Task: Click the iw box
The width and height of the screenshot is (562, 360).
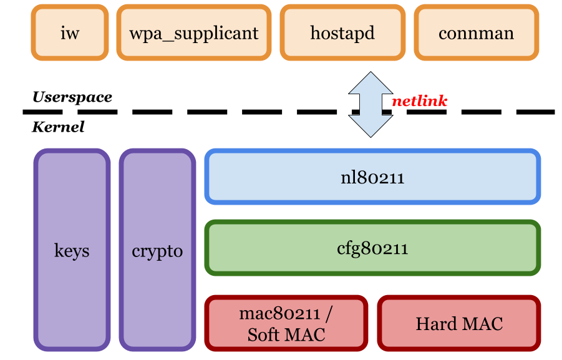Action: click(70, 32)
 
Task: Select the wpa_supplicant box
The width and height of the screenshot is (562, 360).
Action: click(193, 32)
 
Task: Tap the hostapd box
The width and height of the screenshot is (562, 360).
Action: click(342, 32)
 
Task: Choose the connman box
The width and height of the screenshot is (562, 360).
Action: click(476, 32)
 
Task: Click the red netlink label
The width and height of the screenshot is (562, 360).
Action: click(419, 101)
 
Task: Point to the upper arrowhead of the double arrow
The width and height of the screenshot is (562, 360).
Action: click(371, 83)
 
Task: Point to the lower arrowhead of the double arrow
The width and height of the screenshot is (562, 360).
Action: click(371, 126)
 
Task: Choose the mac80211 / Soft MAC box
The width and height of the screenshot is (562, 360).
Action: click(286, 323)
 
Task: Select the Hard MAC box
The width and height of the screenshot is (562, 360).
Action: click(459, 323)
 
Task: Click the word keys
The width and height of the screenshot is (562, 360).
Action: click(72, 251)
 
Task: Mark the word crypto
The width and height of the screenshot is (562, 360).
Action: click(157, 251)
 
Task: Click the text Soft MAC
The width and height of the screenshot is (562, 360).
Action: click(286, 334)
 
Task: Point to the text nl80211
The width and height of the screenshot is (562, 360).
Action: click(372, 178)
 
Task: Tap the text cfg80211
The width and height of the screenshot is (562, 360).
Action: click(372, 248)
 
